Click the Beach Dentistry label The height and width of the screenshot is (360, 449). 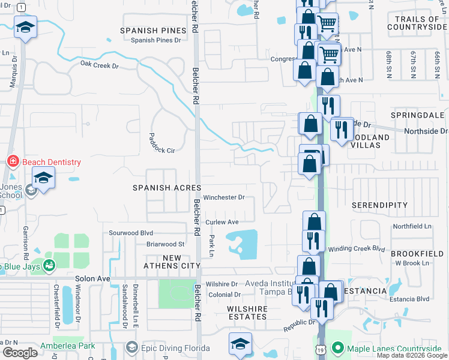51,162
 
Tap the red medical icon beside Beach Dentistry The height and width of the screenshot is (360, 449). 12,161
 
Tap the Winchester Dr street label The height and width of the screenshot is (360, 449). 224,197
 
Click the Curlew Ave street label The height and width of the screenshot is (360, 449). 222,222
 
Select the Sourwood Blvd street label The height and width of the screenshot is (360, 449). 131,233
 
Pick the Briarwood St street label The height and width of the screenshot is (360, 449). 165,244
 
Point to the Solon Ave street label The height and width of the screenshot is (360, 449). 92,279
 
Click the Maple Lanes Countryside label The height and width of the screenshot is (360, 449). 396,348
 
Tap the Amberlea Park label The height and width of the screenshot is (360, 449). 68,346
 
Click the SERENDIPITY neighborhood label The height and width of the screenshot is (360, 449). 379,205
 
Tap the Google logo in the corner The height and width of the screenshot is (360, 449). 20,353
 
